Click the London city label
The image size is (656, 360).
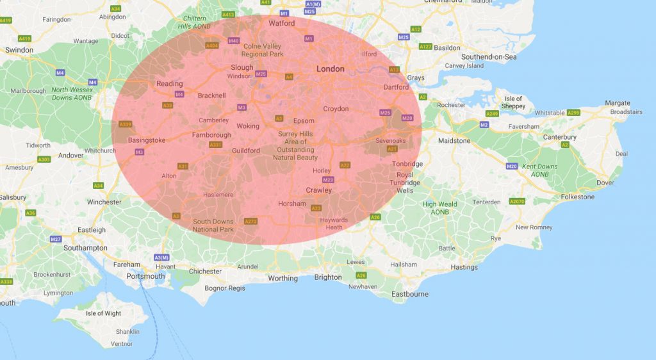[x=331, y=69]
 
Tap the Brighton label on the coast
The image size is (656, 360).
[x=328, y=277]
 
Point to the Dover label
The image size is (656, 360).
[x=605, y=183]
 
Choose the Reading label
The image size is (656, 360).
[x=170, y=83]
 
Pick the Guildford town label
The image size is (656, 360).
[x=246, y=151]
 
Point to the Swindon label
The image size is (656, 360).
[x=19, y=49]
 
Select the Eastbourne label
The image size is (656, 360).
[x=411, y=294]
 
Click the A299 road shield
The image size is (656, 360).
[x=573, y=113]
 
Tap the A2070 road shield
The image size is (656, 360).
[x=517, y=202]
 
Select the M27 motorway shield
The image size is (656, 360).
[x=56, y=239]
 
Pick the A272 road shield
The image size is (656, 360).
[x=250, y=222]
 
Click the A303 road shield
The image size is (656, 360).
[x=44, y=160]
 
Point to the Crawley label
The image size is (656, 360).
[x=319, y=190]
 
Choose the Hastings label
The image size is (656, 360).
[x=464, y=267]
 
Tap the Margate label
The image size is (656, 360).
[x=618, y=103]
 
